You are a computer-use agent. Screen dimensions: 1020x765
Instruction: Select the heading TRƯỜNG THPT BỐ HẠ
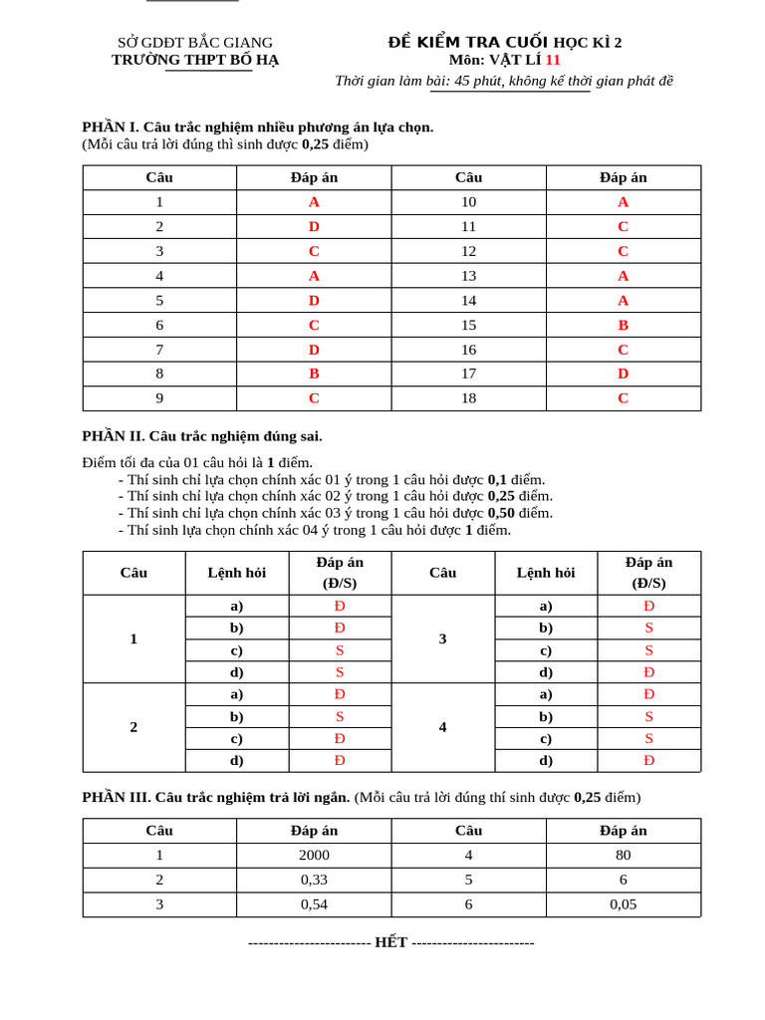pos(195,60)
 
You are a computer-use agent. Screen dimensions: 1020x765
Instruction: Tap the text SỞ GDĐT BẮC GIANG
pos(195,42)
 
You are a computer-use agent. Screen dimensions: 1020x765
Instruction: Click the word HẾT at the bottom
pos(390,942)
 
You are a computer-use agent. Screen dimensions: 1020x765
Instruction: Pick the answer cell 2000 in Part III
pos(314,856)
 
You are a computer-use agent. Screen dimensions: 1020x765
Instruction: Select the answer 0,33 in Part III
pos(314,881)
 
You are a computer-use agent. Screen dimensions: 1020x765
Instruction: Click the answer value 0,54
pos(314,904)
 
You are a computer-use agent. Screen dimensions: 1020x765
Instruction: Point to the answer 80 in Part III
pos(623,856)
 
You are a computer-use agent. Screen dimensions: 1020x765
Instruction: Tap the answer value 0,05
pos(623,904)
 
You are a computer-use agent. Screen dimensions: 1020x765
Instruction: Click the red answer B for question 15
pos(623,325)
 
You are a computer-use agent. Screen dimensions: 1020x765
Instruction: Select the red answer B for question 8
pos(314,374)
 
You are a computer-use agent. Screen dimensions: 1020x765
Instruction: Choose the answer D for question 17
pos(623,374)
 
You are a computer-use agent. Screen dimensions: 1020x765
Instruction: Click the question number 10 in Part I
pos(468,202)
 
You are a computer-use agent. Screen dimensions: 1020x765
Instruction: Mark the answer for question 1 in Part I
pos(314,202)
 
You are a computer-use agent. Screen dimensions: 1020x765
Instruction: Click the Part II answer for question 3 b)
pos(648,629)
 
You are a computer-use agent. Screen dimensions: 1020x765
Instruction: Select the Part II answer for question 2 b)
pos(340,716)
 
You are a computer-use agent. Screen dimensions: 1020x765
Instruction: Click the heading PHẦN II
pos(113,436)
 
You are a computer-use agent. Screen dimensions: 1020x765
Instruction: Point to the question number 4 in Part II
pos(442,727)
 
